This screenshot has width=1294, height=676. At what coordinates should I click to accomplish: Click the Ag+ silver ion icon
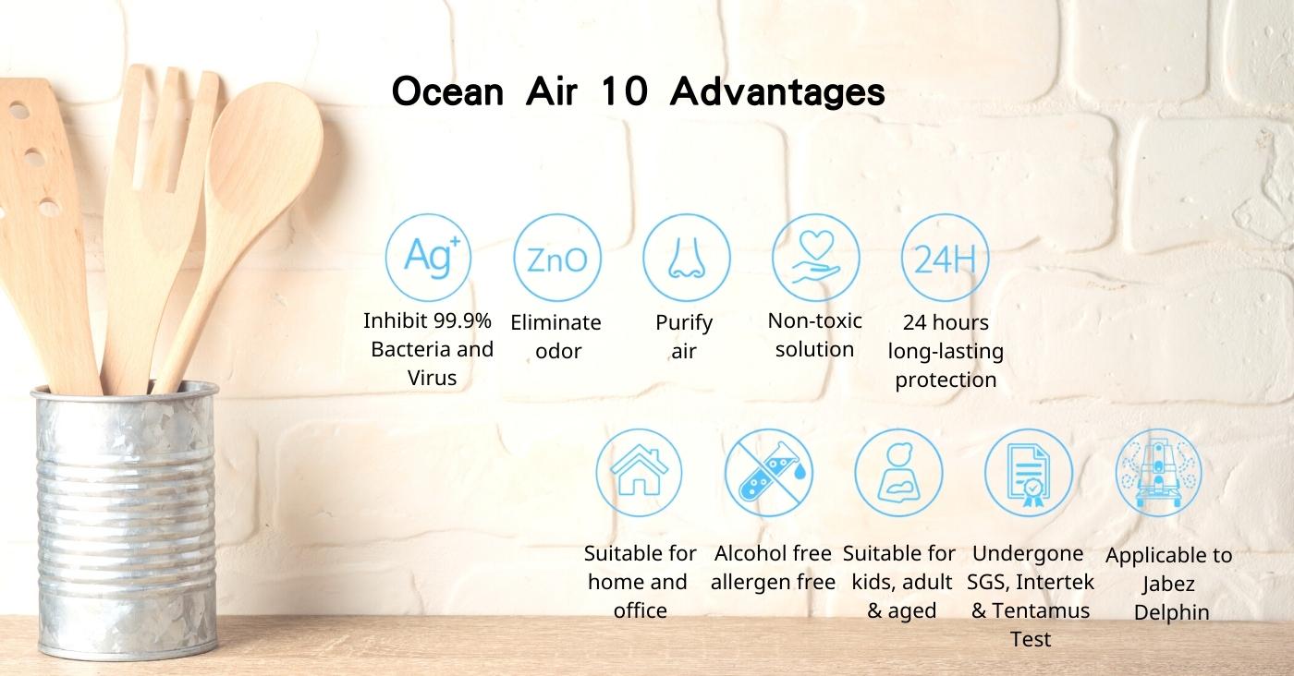click(428, 258)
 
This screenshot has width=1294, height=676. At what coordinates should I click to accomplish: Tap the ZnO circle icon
click(556, 258)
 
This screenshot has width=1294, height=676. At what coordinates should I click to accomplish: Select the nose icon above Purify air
click(686, 258)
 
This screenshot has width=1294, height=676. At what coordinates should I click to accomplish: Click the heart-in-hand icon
click(815, 258)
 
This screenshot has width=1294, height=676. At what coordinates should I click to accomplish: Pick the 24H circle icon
click(945, 258)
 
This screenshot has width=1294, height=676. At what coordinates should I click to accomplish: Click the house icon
click(639, 472)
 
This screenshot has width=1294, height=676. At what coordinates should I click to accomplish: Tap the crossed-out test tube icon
click(768, 472)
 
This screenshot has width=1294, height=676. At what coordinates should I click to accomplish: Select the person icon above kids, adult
click(898, 472)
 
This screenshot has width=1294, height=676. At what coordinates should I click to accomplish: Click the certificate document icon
click(1028, 472)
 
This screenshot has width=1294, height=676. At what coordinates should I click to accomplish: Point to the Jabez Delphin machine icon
click(1158, 472)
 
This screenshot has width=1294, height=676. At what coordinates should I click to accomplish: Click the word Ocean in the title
click(447, 91)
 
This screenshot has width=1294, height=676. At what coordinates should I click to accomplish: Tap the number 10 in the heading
click(625, 91)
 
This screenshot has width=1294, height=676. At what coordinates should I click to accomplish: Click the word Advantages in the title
click(777, 92)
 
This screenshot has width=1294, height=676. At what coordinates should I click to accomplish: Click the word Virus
click(433, 378)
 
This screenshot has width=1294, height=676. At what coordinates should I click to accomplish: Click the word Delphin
click(1172, 612)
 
